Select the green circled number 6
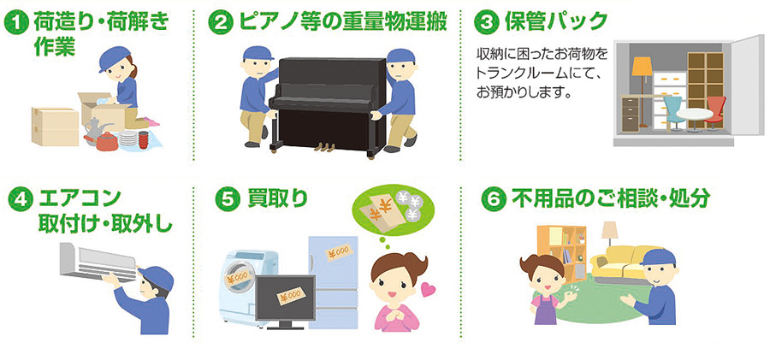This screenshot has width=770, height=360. pyautogui.click(x=494, y=200)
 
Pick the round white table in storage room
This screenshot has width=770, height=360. pyautogui.click(x=694, y=118)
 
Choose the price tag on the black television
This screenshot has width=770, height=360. pyautogui.click(x=291, y=296)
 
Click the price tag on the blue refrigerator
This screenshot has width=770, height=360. pyautogui.click(x=340, y=252)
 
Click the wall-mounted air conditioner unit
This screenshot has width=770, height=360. pyautogui.click(x=98, y=263)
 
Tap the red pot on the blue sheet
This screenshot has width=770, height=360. pyautogui.click(x=107, y=143)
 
